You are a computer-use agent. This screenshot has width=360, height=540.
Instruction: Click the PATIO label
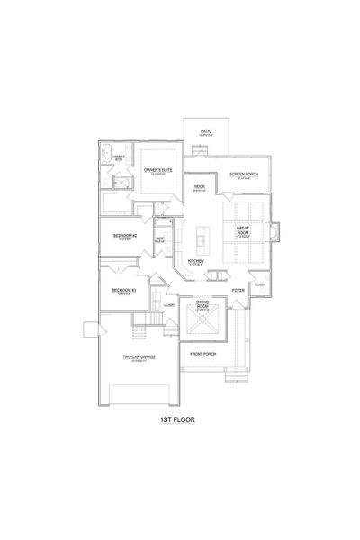tap(205, 130)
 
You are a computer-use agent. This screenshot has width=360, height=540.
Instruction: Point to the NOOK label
tap(199, 187)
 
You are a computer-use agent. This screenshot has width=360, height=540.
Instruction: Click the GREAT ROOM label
tap(241, 230)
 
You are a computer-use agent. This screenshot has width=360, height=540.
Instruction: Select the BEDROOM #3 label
tap(123, 290)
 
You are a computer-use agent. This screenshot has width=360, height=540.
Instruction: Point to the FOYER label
tap(238, 291)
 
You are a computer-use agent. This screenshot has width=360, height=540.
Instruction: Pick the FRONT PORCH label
tap(202, 354)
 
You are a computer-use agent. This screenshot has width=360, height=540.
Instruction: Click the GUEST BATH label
tap(160, 239)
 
